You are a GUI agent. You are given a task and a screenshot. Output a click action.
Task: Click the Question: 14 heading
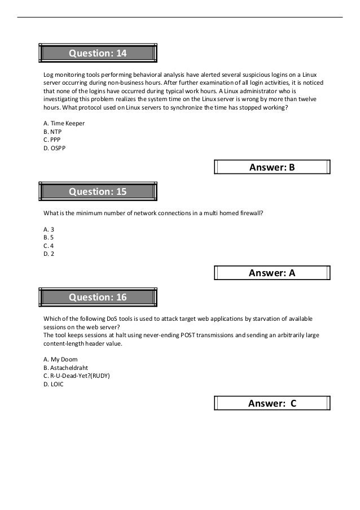(x=98, y=53)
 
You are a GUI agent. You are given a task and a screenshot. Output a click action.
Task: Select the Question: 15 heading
(x=98, y=191)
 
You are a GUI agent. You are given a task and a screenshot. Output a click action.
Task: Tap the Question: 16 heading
(x=98, y=297)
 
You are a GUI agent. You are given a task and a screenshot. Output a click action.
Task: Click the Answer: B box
(x=273, y=167)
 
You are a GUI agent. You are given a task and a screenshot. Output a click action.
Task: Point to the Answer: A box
(x=273, y=273)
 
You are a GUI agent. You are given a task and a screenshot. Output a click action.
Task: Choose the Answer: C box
(x=273, y=403)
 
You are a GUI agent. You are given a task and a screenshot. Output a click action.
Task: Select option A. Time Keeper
(x=64, y=123)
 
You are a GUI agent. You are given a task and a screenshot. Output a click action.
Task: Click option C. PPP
(x=51, y=140)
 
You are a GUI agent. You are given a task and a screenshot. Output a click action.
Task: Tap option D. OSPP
(x=54, y=149)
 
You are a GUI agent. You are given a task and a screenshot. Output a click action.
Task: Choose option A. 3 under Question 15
(x=48, y=229)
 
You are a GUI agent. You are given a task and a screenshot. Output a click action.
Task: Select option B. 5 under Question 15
(x=48, y=238)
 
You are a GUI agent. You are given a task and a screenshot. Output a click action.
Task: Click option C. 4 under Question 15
(x=48, y=246)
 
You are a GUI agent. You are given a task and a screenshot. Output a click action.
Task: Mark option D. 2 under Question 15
(x=48, y=254)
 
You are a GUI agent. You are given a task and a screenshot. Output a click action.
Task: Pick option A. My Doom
(x=60, y=359)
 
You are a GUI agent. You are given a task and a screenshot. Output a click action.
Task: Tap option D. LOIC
(x=53, y=384)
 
